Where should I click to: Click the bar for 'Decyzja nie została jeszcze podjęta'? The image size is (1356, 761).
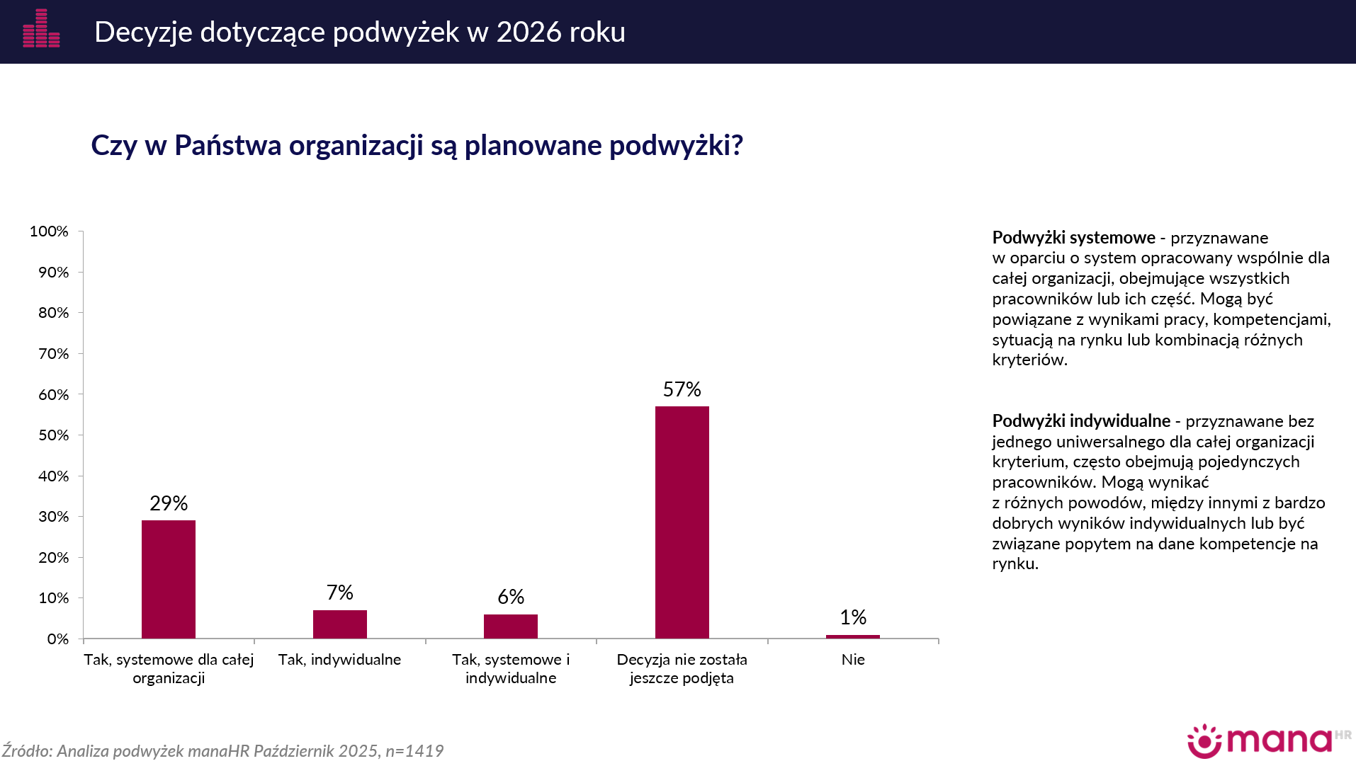point(682,522)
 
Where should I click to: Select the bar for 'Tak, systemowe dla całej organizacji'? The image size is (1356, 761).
point(169,579)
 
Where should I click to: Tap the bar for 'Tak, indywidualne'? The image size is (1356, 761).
point(340,624)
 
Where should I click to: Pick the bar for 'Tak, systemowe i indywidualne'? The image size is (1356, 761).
point(511,626)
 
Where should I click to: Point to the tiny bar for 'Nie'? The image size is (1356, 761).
point(853,636)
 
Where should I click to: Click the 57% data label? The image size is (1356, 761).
point(682,389)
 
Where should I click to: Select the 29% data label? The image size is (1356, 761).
point(169,503)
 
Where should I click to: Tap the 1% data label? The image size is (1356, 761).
point(853,617)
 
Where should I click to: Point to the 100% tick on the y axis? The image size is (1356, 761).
point(49,231)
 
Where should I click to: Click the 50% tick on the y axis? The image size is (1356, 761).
point(53,435)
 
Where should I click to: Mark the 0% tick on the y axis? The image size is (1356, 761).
point(57,639)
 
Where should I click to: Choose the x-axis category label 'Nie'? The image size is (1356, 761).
point(853,660)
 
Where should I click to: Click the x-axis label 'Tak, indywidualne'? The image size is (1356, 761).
point(340,660)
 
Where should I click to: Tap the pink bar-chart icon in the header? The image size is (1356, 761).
point(41,29)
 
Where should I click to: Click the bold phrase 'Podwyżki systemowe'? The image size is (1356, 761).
point(1073,238)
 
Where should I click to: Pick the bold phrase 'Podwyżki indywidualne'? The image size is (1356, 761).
point(1081,421)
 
